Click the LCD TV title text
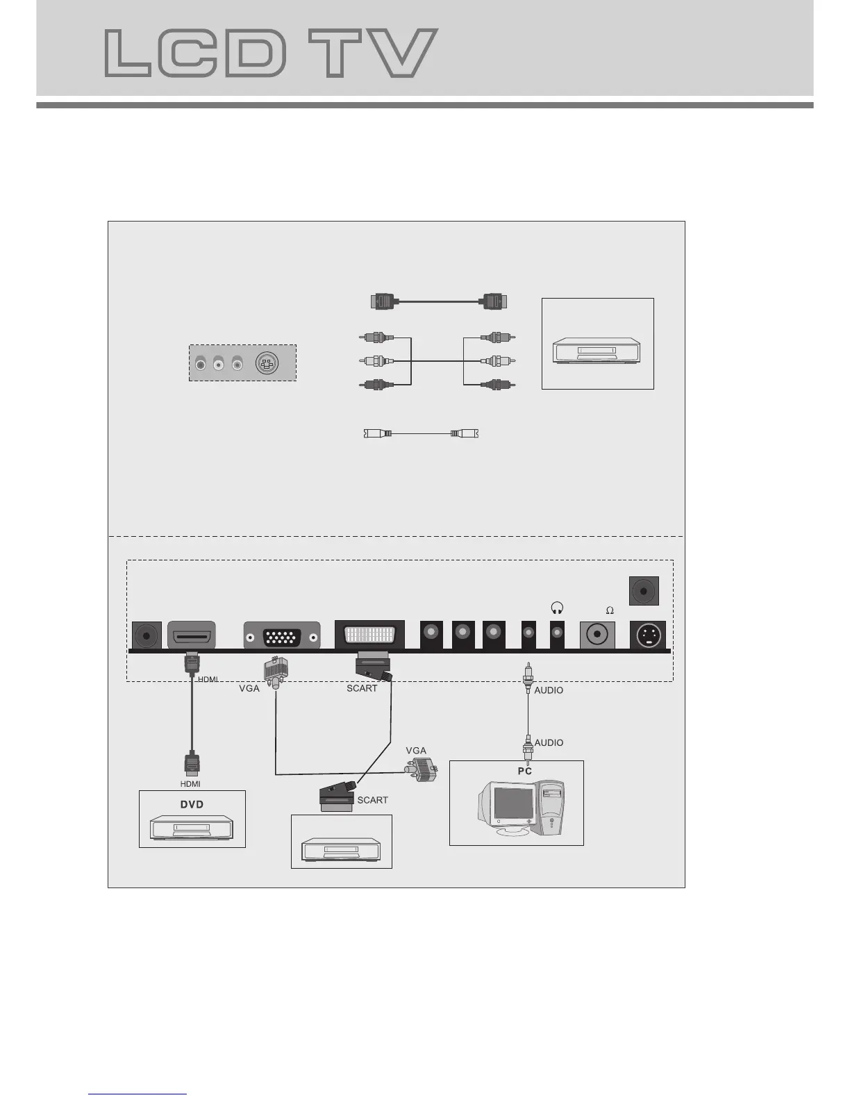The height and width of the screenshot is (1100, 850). tap(271, 53)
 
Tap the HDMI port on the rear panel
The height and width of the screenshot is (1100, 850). tap(192, 635)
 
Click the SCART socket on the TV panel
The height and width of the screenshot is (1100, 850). tap(369, 635)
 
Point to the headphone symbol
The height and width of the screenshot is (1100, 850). tap(556, 608)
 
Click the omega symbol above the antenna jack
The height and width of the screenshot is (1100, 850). tap(610, 610)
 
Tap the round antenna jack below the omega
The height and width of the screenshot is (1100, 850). tap(597, 635)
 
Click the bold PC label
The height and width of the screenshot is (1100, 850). tap(525, 772)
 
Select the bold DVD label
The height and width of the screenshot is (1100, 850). tap(192, 804)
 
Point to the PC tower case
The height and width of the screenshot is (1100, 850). tap(550, 809)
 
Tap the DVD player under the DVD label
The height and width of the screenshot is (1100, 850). tap(192, 829)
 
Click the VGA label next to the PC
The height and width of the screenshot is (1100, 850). tap(416, 751)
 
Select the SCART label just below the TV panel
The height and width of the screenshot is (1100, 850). tap(362, 688)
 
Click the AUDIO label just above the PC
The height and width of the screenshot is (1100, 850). tap(549, 742)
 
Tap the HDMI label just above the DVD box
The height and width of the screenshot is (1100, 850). tap(190, 784)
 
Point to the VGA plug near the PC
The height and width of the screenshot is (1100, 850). tap(422, 770)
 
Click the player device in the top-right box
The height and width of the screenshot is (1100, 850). tap(597, 351)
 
